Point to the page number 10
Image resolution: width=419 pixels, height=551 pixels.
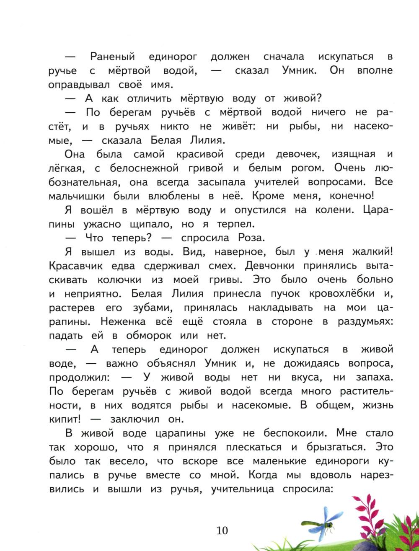point(222,530)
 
